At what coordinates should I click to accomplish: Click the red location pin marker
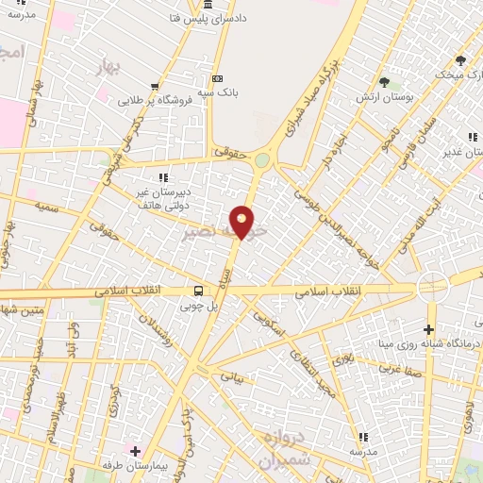[x=242, y=222]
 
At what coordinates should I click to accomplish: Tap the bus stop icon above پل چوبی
[x=198, y=291]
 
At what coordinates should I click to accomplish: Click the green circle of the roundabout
[x=261, y=160]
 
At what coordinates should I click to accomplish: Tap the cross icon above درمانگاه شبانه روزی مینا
[x=430, y=329]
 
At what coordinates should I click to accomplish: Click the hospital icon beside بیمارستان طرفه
[x=134, y=450]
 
